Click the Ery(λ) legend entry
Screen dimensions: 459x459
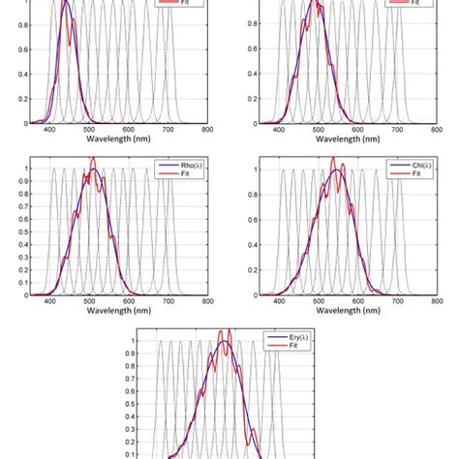coord(292,341)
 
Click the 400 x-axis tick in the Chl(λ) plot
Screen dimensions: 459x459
coord(280,300)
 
